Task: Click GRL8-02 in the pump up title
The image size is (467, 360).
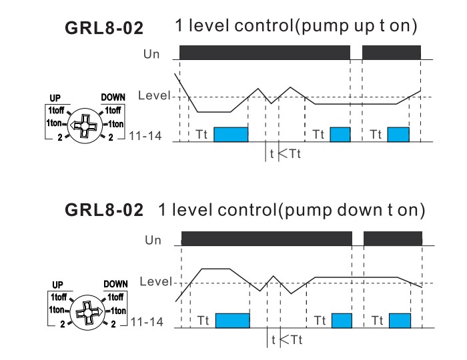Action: coord(104,29)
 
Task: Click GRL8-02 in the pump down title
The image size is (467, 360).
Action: coord(104,211)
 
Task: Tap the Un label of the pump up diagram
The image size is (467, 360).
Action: coord(152,53)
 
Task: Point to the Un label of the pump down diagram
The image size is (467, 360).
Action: coord(153,239)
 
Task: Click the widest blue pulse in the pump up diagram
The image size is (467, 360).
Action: coord(230,133)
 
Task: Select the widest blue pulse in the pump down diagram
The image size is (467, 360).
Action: coord(232,320)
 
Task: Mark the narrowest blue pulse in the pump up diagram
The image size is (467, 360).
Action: coord(340,133)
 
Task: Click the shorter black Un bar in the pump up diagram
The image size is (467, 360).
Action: coord(392,52)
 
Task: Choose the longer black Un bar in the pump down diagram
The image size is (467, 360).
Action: coord(266,238)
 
